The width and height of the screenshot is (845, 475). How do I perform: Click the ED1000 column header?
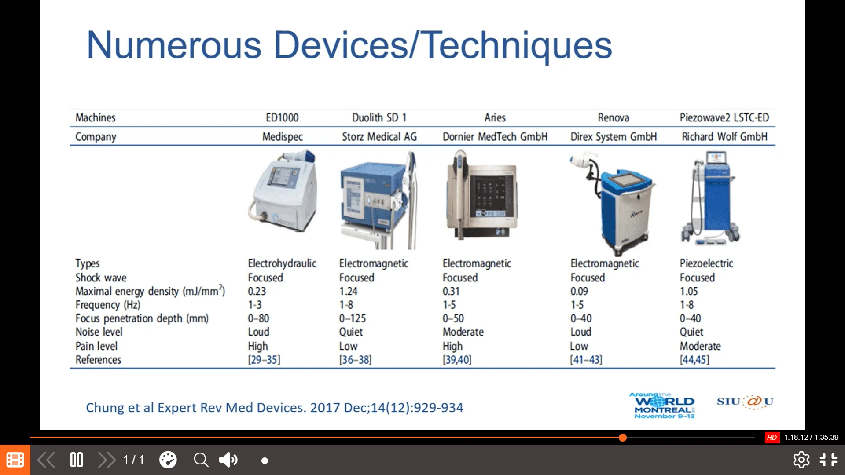[x=282, y=117]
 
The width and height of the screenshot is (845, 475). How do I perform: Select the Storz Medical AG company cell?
[x=379, y=137]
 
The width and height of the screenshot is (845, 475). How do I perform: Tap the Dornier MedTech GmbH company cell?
[x=495, y=137]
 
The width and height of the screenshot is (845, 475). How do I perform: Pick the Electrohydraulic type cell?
[x=282, y=263]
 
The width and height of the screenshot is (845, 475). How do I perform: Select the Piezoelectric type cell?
[x=706, y=263]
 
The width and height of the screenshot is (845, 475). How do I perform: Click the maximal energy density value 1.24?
[x=348, y=291]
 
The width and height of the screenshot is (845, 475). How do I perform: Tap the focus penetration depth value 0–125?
[x=353, y=318]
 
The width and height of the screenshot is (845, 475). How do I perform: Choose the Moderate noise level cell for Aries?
[x=463, y=332]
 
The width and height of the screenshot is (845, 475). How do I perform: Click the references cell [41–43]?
[x=586, y=360]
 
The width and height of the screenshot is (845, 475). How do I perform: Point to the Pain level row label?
[x=96, y=346]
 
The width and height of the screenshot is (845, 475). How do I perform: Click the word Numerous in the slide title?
[x=174, y=45]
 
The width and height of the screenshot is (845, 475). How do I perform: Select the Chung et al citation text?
[x=275, y=408]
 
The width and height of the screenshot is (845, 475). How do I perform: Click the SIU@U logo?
[x=745, y=402]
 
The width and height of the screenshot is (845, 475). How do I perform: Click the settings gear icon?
[x=801, y=460]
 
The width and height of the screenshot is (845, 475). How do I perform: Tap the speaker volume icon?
[x=228, y=460]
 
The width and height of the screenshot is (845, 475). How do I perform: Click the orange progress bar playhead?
[x=622, y=437]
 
